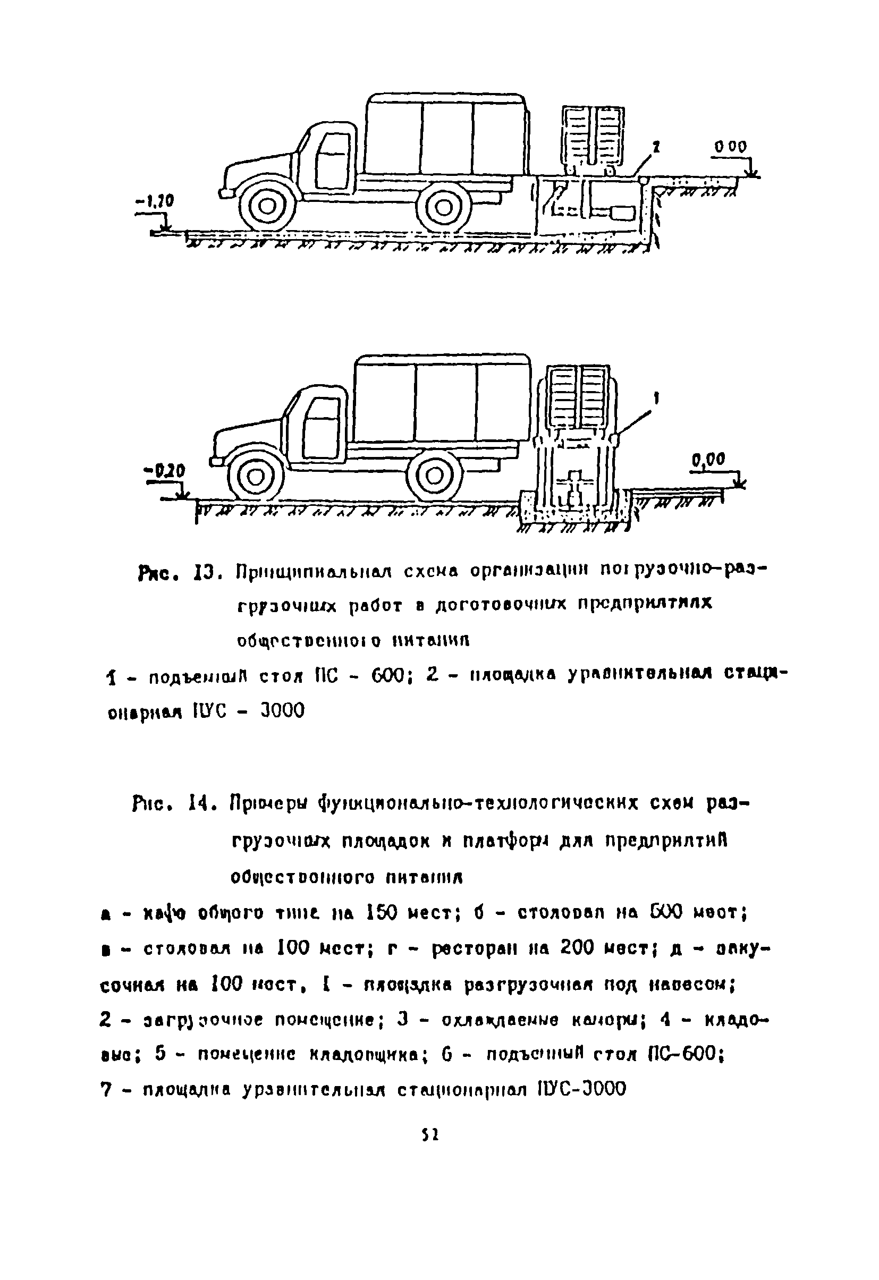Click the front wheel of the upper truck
(267, 207)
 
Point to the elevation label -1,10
(154, 202)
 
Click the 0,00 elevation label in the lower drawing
(709, 458)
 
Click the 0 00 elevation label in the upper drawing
(730, 147)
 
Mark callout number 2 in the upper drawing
(656, 147)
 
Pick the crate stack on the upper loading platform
(593, 135)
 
